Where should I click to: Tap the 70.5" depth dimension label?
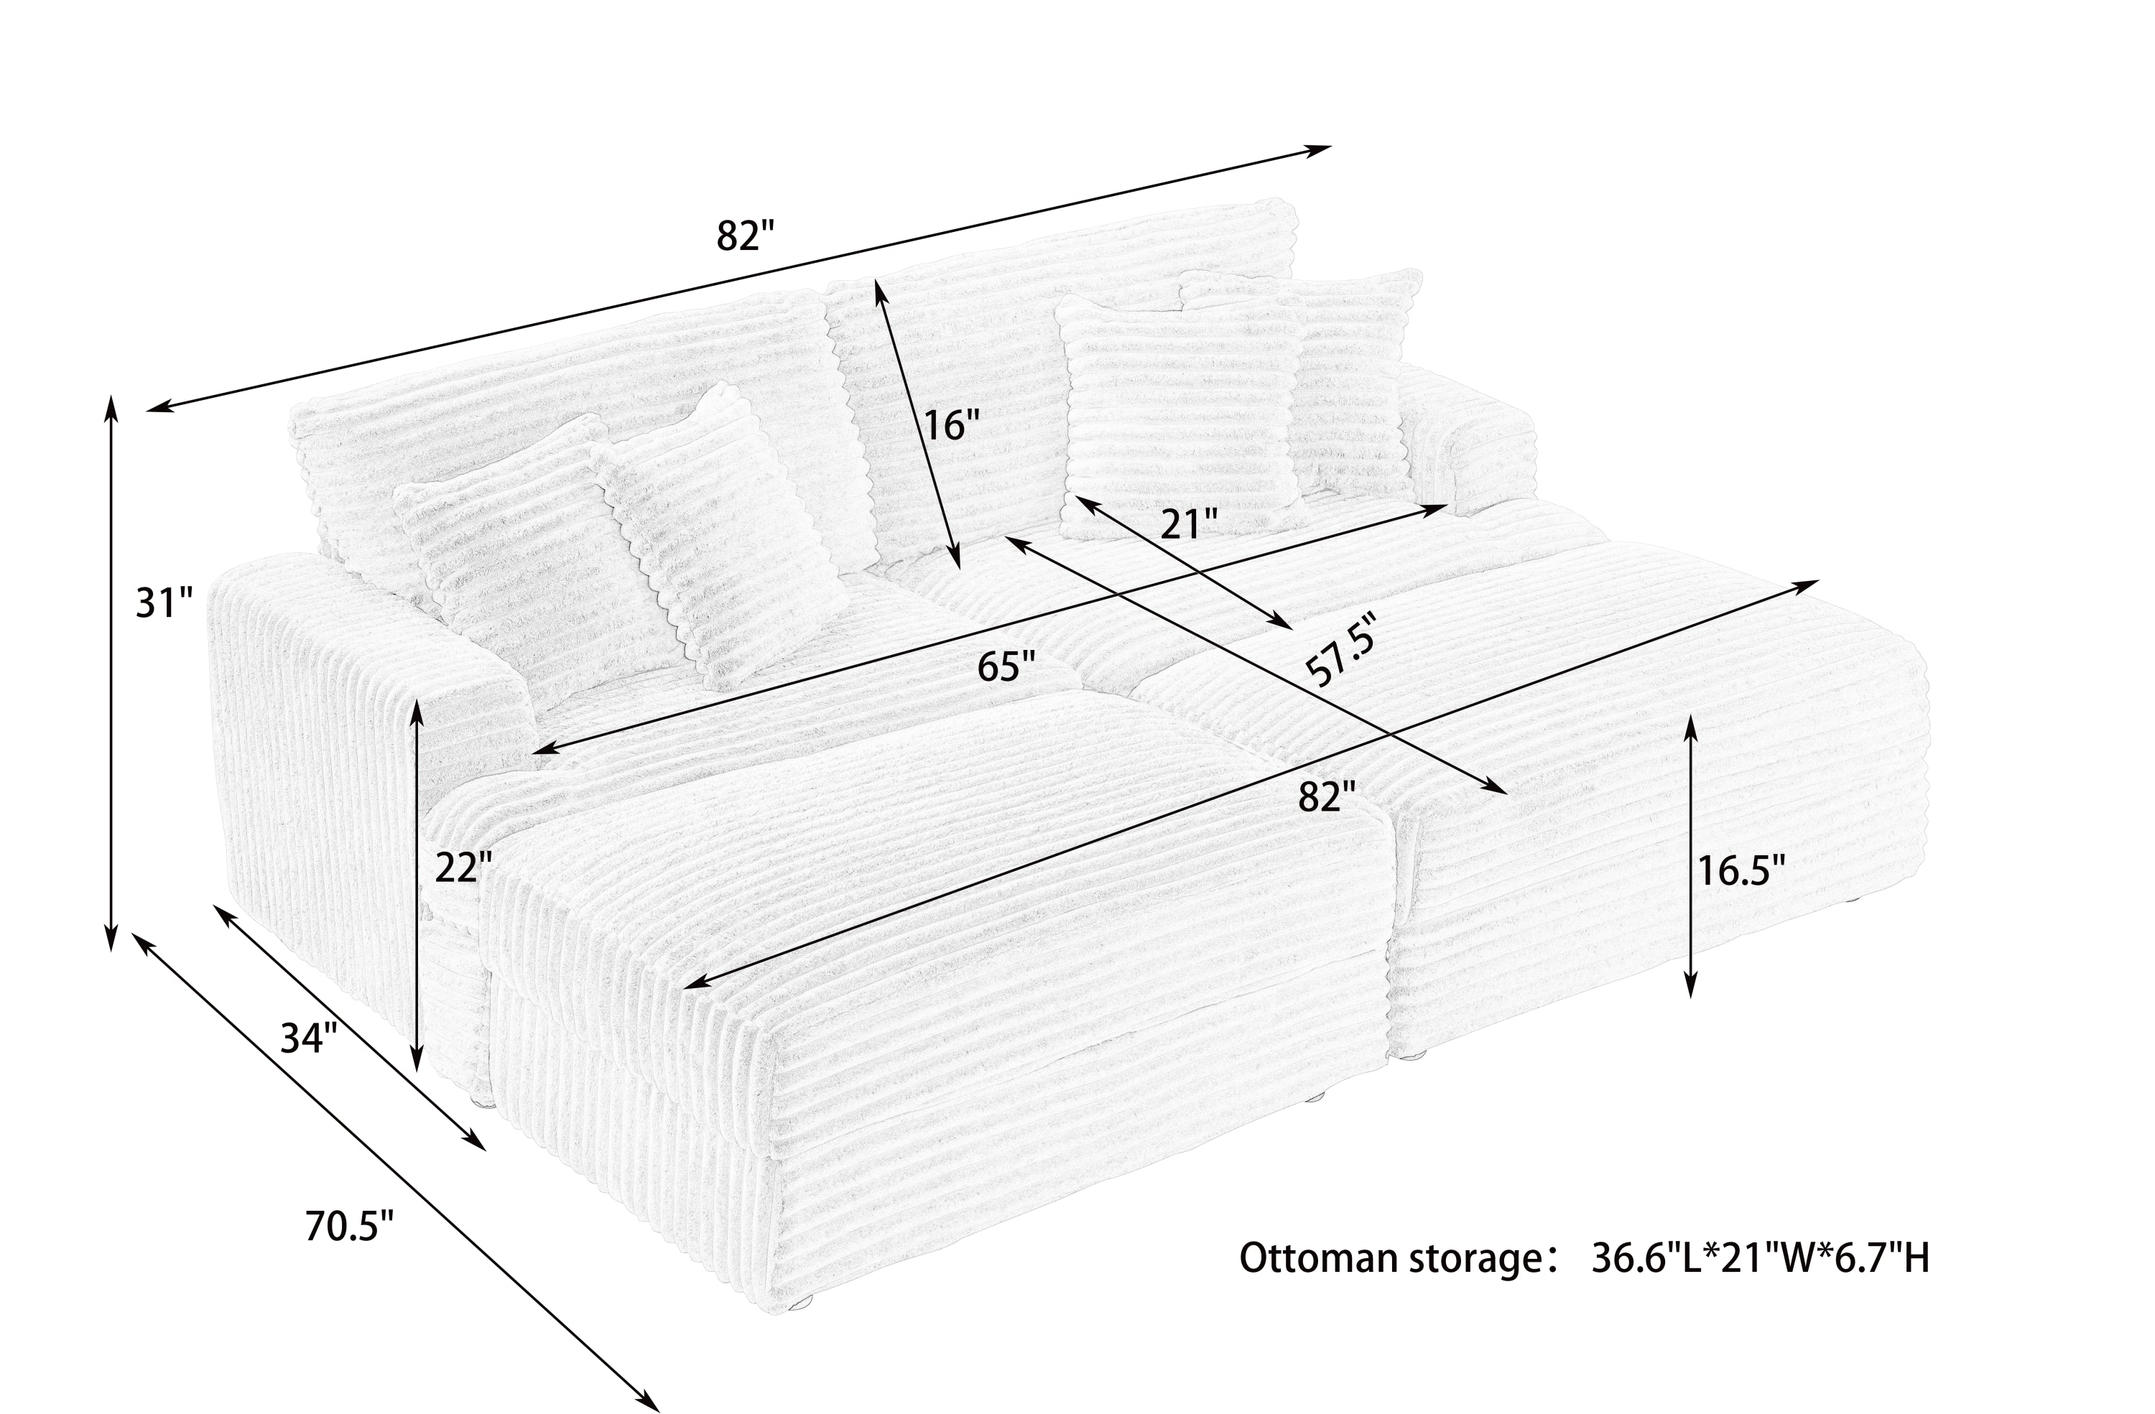[x=350, y=1227]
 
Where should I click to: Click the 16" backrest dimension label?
[x=951, y=424]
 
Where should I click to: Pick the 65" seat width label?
[x=1006, y=668]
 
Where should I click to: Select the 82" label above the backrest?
[x=746, y=236]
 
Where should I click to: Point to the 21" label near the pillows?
[x=1189, y=524]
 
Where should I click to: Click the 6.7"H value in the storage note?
[x=1885, y=1259]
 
